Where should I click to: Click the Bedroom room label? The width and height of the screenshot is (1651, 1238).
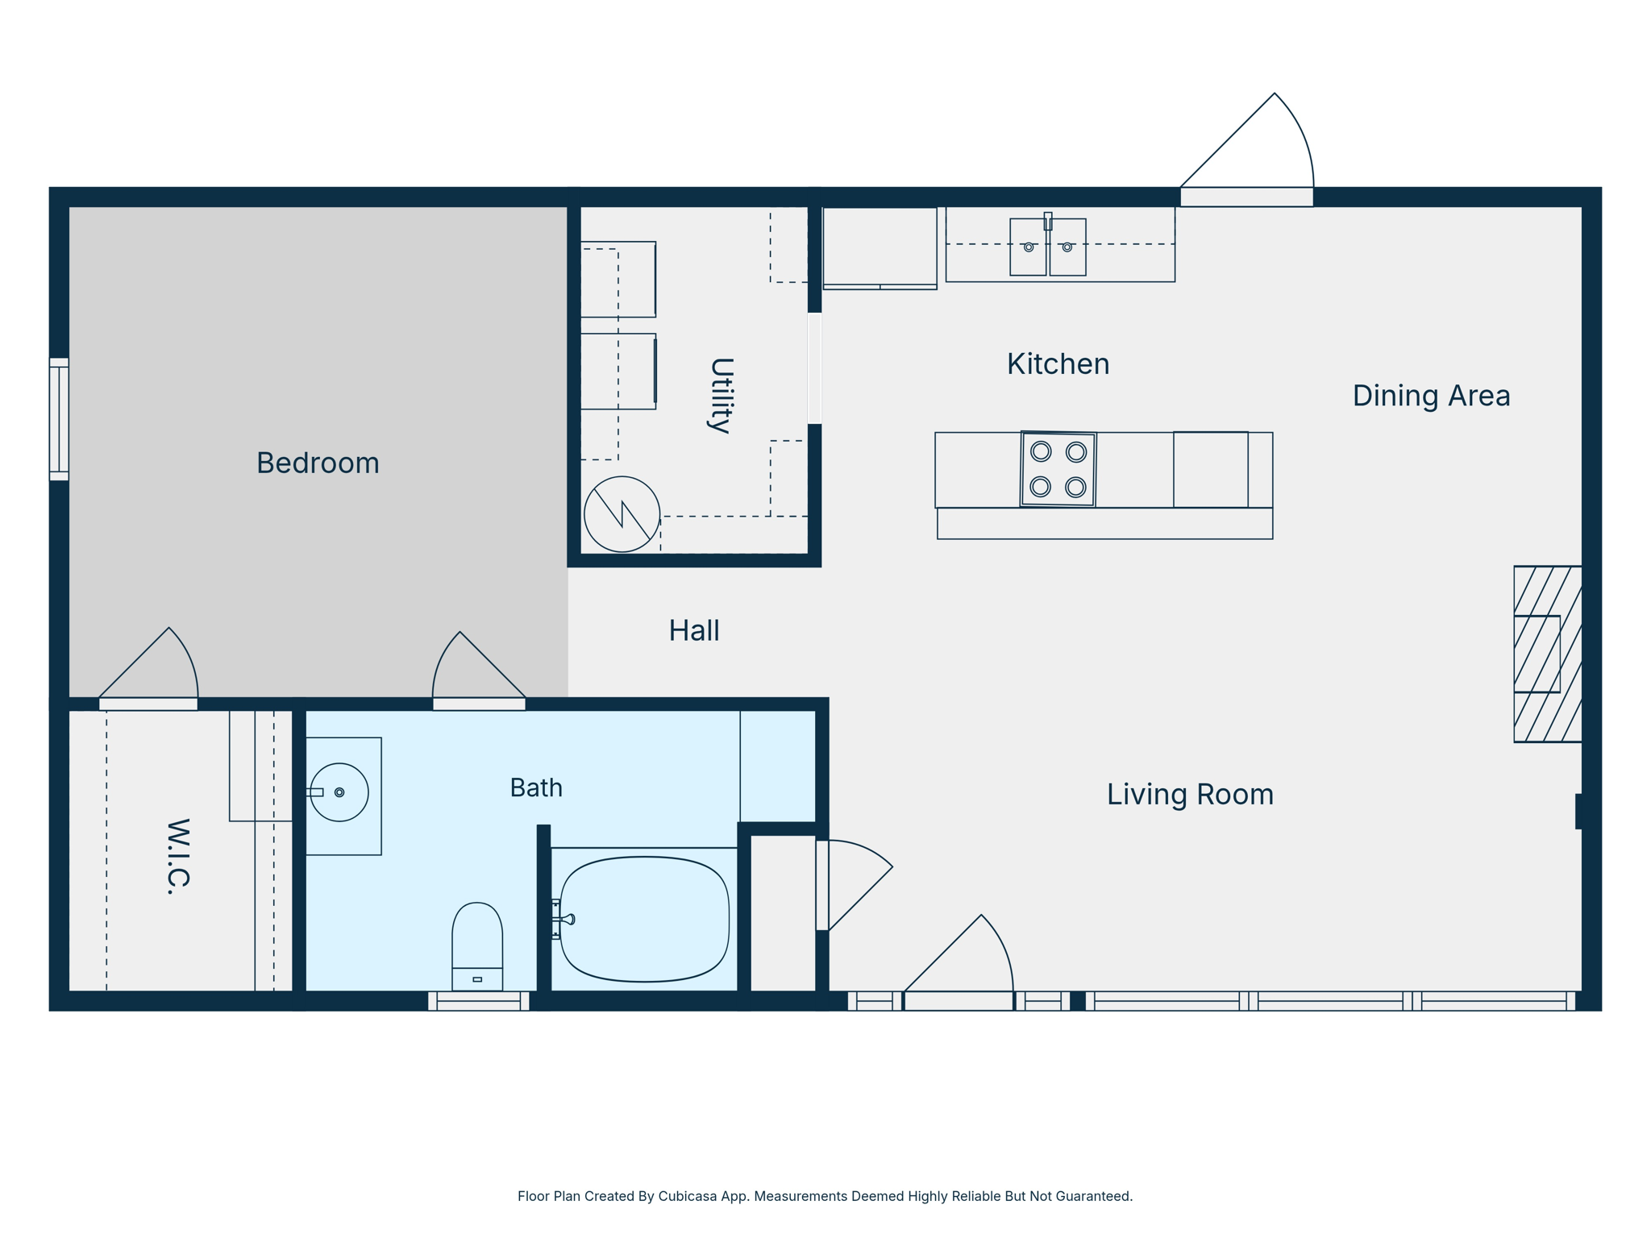[318, 463]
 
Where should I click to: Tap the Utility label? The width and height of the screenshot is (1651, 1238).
[721, 395]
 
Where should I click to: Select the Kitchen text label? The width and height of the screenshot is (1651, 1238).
[1058, 364]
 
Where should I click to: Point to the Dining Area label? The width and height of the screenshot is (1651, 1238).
[1431, 396]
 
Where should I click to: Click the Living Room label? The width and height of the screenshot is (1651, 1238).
[1190, 795]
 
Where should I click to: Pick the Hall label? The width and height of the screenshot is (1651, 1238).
[694, 630]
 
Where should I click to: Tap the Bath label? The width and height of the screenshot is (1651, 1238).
[536, 787]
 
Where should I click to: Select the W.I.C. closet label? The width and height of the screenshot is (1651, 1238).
[178, 856]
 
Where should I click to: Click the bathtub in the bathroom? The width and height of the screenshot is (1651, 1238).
[644, 919]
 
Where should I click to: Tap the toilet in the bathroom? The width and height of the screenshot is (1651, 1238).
[477, 946]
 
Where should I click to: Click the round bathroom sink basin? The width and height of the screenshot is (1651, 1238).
[339, 792]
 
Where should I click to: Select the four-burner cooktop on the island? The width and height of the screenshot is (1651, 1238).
[1058, 469]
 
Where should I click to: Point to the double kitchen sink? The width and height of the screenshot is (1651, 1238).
[1048, 247]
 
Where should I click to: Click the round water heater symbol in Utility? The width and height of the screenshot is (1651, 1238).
[622, 514]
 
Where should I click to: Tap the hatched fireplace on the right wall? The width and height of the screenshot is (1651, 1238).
[1547, 654]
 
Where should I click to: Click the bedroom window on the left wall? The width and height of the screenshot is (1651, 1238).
[59, 419]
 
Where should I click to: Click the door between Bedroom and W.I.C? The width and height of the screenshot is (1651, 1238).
[148, 669]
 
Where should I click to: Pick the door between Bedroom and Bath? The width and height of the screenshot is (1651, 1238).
[479, 671]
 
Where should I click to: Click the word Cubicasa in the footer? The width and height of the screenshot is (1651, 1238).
[688, 1196]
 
